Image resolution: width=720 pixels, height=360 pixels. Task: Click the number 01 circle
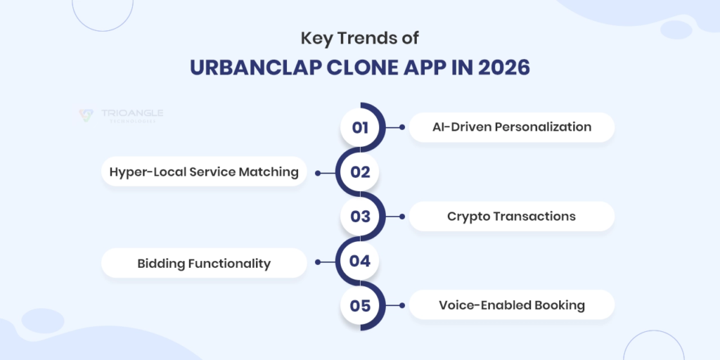tap(360, 127)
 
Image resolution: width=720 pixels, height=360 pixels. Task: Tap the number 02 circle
tap(360, 172)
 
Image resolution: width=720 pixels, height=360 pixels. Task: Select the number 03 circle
tap(360, 217)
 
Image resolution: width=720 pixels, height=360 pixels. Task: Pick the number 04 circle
tap(360, 262)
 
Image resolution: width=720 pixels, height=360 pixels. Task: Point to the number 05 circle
tap(360, 306)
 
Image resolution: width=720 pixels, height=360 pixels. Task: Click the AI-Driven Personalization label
tap(511, 127)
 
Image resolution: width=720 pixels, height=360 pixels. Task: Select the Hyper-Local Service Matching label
tap(204, 172)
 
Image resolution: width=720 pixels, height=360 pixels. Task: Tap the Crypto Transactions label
tap(511, 217)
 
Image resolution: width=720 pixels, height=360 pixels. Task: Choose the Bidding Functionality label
tap(204, 263)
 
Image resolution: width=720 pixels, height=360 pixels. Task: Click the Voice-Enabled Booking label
tap(511, 306)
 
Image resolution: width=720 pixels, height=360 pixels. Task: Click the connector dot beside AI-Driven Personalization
tap(401, 127)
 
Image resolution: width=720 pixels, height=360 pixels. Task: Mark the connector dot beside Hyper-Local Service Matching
tap(318, 172)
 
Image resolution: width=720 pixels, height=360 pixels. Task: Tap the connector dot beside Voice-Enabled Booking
tap(401, 306)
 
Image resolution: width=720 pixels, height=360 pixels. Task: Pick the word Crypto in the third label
tap(469, 217)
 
